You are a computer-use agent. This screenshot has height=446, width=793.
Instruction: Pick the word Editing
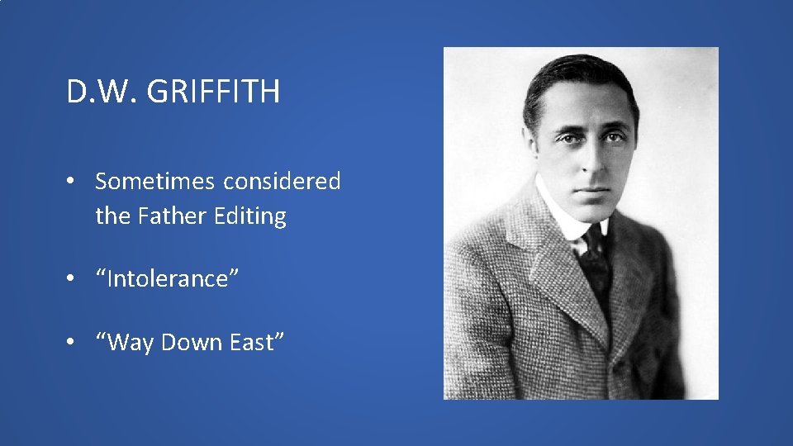coord(249,217)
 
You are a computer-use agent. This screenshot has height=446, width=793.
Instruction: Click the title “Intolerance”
coord(168,279)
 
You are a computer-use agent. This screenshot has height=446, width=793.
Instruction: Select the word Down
coord(189,343)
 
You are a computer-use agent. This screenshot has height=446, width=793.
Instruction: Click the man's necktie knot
coord(593,241)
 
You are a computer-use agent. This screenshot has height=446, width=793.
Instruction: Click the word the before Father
coord(112,216)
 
